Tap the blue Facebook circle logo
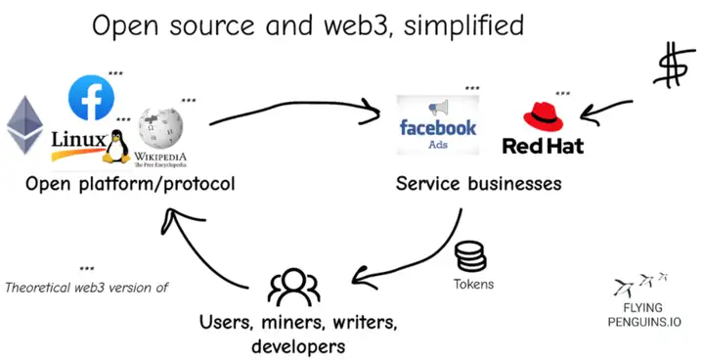(91, 97)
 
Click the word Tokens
(472, 285)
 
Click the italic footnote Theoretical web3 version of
(87, 288)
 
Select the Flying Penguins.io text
(642, 314)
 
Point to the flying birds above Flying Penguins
(640, 285)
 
